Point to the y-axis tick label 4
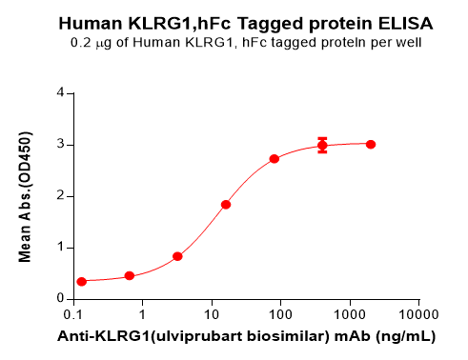point(60,93)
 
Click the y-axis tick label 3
point(60,145)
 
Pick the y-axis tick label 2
point(60,196)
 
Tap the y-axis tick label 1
point(60,248)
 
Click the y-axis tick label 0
point(60,299)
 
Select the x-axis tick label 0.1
point(73,314)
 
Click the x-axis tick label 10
point(212,314)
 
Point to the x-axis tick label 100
point(280,314)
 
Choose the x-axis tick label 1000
point(349,314)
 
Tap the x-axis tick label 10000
point(417,314)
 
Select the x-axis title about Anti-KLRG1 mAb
point(247,336)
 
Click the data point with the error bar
point(322,145)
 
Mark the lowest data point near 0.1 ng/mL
point(82,281)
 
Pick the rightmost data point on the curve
point(371,144)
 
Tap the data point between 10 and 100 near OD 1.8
point(226,204)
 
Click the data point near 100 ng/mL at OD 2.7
point(275,158)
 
